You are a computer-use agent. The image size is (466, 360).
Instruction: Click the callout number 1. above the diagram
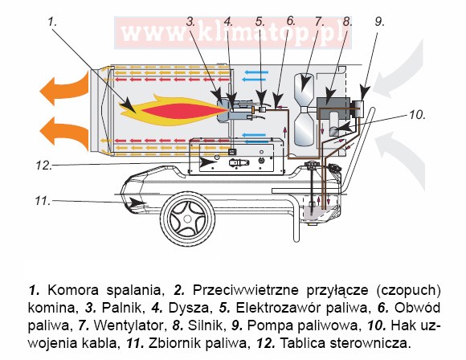(x=52, y=22)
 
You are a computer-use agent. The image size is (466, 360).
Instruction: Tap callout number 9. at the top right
(x=379, y=22)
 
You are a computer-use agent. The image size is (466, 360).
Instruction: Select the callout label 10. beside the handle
(x=418, y=115)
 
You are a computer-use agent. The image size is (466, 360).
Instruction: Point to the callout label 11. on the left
(x=43, y=201)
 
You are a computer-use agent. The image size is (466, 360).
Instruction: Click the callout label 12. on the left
(x=44, y=166)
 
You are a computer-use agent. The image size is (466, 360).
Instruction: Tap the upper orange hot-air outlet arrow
(x=64, y=87)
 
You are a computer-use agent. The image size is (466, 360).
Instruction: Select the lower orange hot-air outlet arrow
(x=64, y=133)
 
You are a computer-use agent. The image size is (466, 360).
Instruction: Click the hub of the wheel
(x=187, y=219)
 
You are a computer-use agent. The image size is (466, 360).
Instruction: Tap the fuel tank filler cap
(x=312, y=165)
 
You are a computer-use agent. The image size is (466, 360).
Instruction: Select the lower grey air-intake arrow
(x=401, y=157)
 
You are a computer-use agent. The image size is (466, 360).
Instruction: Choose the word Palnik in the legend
(x=122, y=308)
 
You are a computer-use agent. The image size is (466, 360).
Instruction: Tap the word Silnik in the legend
(x=206, y=325)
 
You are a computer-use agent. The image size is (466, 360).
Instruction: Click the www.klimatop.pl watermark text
(x=233, y=33)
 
